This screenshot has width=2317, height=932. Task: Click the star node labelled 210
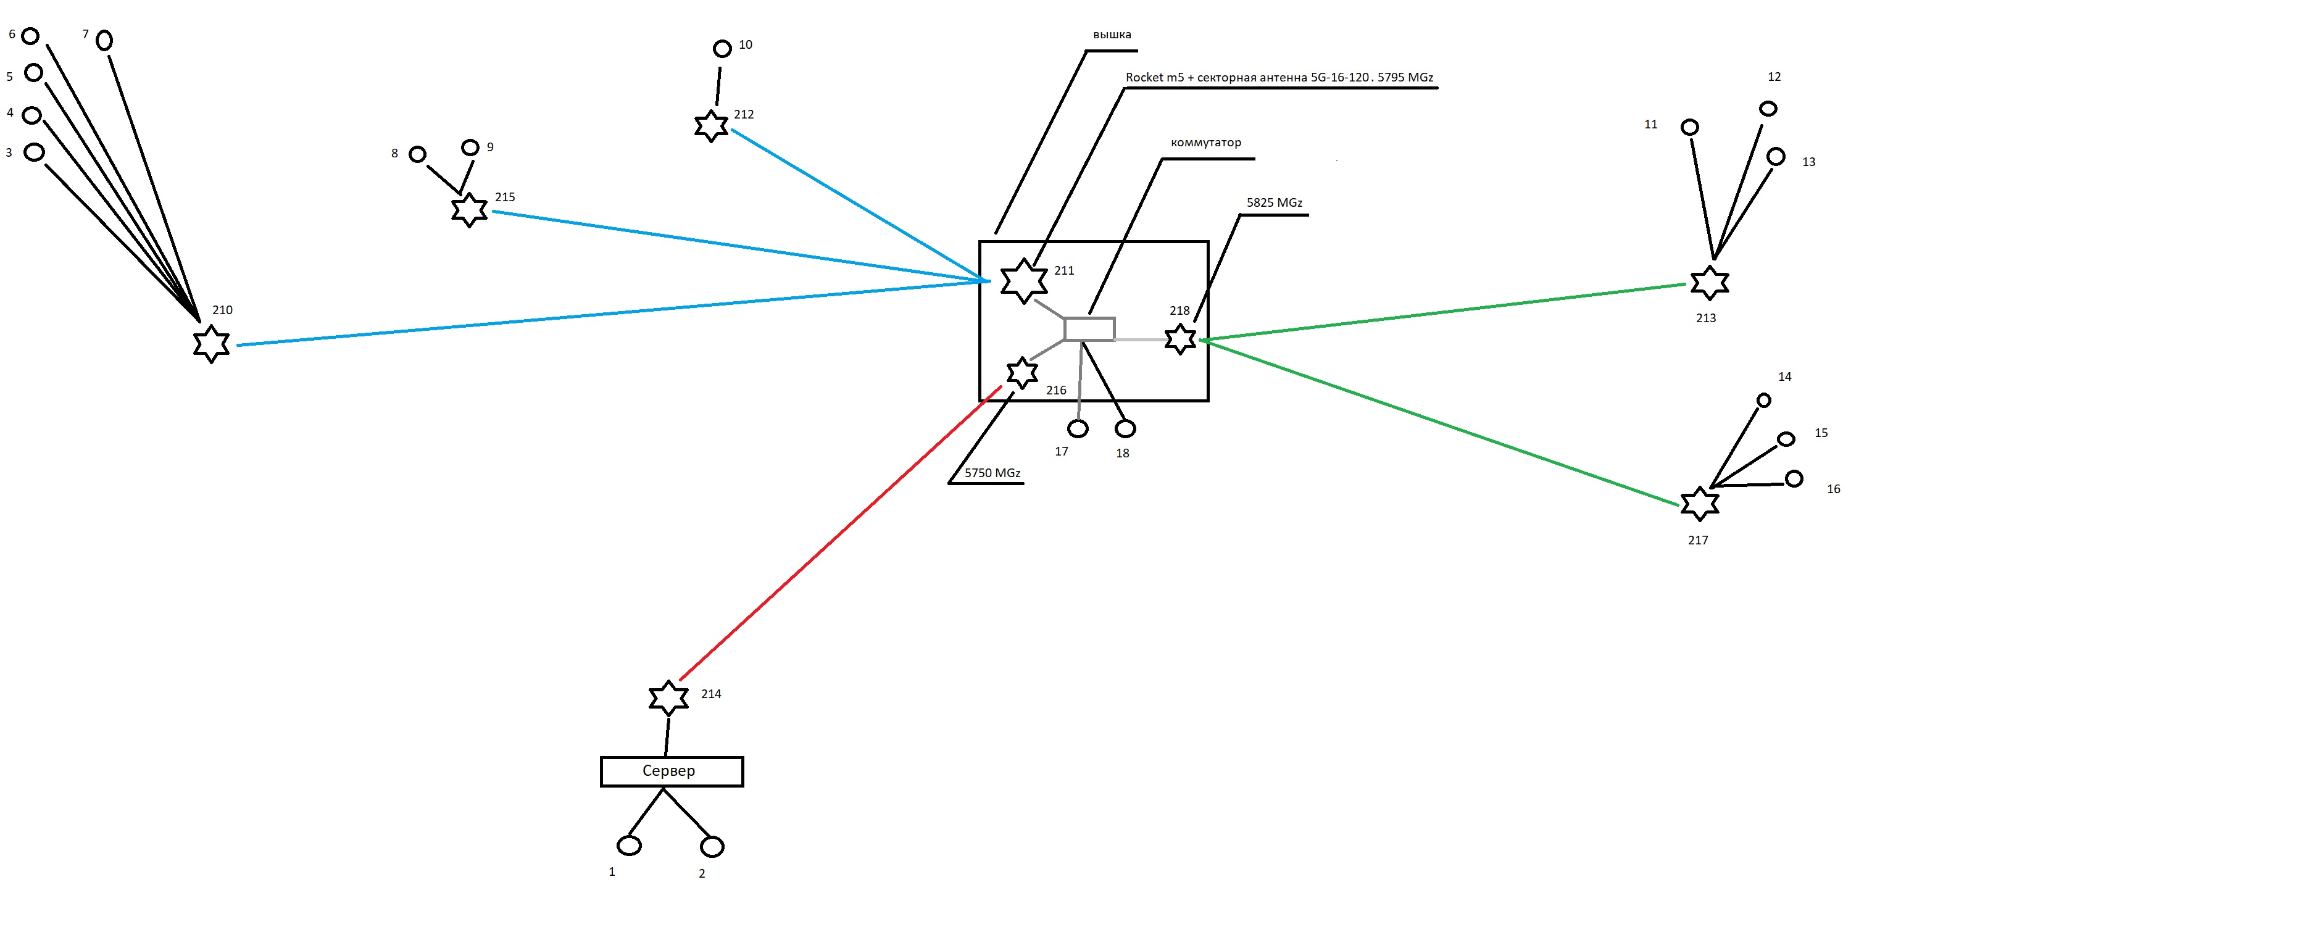(x=211, y=344)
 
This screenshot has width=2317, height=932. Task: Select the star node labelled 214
(x=668, y=697)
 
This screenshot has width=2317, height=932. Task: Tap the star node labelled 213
(x=1709, y=283)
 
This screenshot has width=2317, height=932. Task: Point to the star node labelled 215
(x=468, y=210)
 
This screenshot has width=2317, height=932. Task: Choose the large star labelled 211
(x=1023, y=281)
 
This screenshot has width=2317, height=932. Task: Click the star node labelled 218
(x=1180, y=338)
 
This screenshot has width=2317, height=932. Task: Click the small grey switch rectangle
(x=1089, y=329)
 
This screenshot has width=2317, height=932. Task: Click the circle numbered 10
(x=722, y=49)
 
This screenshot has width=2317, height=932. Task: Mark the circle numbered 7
(x=104, y=41)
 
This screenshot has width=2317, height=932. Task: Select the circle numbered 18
(x=1125, y=428)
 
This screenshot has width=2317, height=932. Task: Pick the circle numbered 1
(x=629, y=846)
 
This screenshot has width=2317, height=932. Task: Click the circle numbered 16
(x=1794, y=478)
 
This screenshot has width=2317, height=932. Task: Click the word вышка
(x=1112, y=34)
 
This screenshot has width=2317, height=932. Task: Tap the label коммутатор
(x=1205, y=142)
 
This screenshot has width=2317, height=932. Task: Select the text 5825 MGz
(x=1274, y=202)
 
